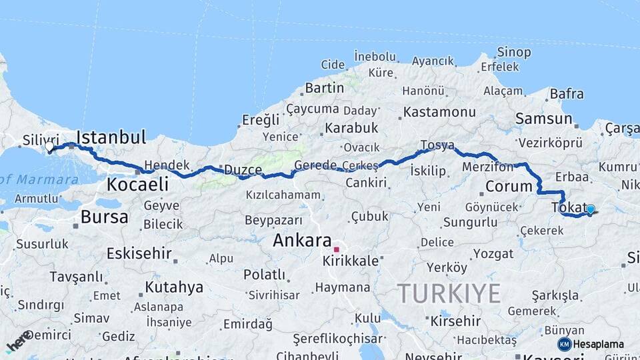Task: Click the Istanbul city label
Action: click(x=111, y=138)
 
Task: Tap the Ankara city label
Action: click(x=302, y=241)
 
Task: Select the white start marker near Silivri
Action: click(x=49, y=146)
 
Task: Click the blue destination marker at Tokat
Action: click(x=590, y=209)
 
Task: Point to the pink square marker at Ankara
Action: click(x=337, y=250)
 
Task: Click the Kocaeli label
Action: click(x=138, y=184)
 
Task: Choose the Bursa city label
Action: click(x=104, y=217)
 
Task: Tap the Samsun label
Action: click(x=543, y=119)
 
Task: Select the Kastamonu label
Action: click(x=439, y=111)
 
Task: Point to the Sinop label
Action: click(x=514, y=52)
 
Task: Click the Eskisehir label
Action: click(x=139, y=253)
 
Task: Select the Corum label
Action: click(x=508, y=187)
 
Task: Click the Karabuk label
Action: click(x=351, y=127)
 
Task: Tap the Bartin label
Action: click(x=324, y=88)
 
